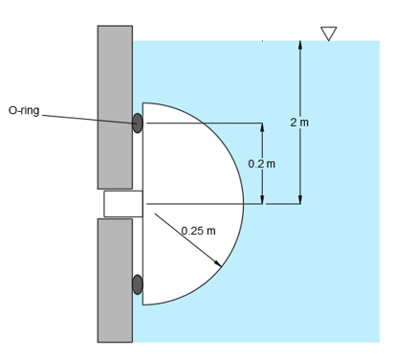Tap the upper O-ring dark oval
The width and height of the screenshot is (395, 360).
(x=137, y=123)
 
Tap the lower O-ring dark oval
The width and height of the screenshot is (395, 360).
(x=137, y=284)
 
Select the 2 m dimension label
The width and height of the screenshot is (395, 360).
(x=299, y=122)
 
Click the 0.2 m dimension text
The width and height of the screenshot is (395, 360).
(x=261, y=164)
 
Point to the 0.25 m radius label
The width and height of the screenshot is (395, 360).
(x=198, y=231)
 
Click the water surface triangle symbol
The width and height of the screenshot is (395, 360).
(x=329, y=34)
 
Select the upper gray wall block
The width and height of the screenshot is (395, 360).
(x=115, y=105)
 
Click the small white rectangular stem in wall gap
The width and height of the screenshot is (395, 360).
(x=122, y=204)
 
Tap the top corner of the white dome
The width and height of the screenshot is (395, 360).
(x=143, y=102)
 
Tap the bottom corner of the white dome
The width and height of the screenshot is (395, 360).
(x=143, y=304)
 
